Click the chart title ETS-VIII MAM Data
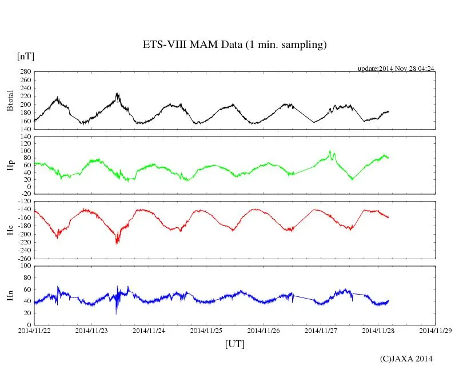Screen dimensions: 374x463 (234, 45)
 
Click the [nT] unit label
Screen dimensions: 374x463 (26, 56)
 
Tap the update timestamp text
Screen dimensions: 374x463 (396, 69)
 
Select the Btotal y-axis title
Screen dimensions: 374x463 (10, 100)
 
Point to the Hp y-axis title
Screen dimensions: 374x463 (10, 166)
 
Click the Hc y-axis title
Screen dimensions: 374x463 (10, 230)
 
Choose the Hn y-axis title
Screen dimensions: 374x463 (10, 295)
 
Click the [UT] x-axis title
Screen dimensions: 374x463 (235, 344)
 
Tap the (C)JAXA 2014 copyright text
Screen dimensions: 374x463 (406, 359)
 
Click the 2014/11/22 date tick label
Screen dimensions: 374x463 (34, 330)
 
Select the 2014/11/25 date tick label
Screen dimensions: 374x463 (206, 330)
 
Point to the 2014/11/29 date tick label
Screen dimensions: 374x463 (436, 330)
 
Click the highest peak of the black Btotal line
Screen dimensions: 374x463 (117, 93)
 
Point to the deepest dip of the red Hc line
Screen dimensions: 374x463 (117, 243)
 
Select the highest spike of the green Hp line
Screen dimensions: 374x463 (330, 151)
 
